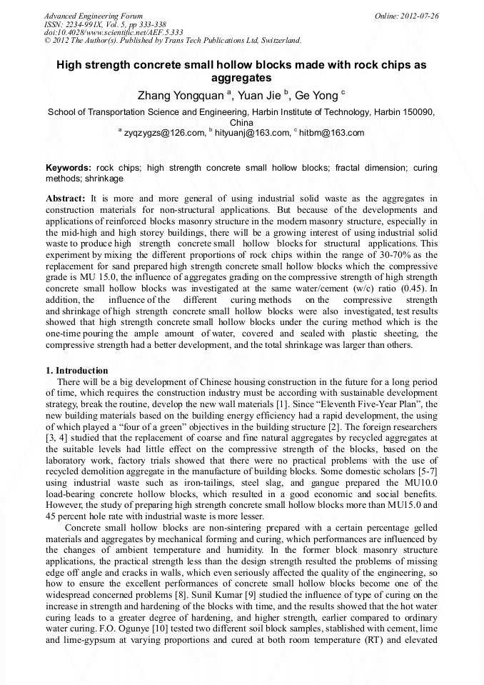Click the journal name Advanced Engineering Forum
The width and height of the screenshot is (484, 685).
click(x=94, y=16)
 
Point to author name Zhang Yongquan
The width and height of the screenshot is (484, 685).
click(x=180, y=95)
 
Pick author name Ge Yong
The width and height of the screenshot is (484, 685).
click(x=317, y=95)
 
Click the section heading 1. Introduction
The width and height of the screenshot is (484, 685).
click(x=77, y=371)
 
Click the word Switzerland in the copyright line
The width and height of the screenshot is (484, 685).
click(x=275, y=40)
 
